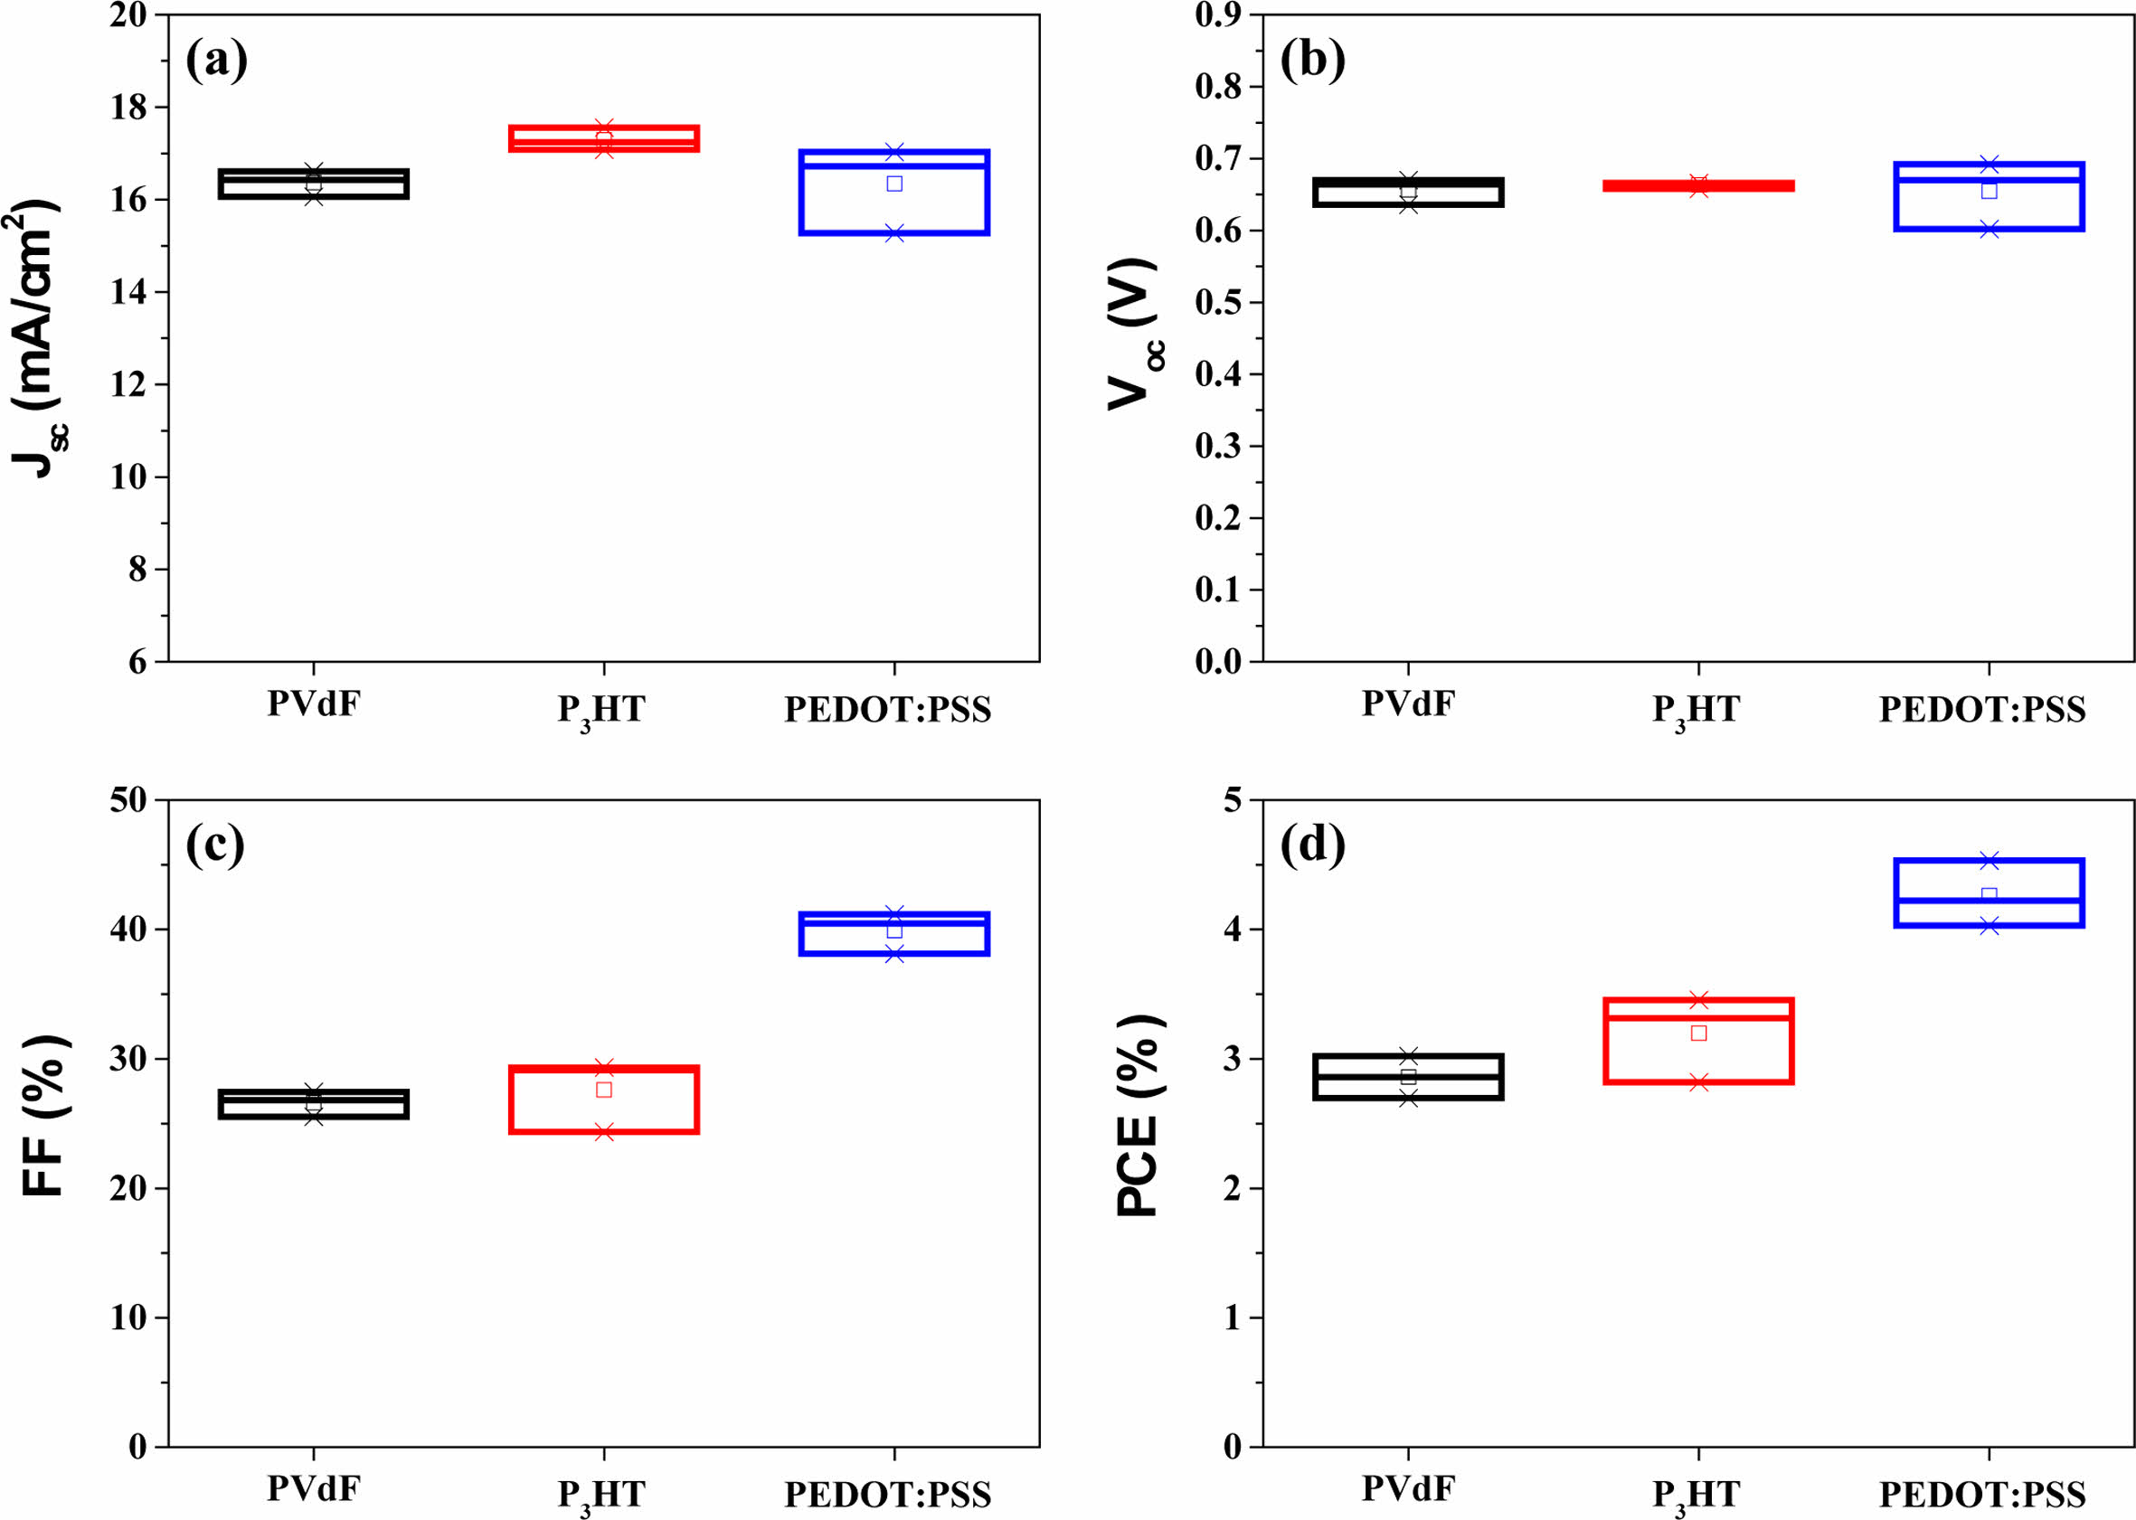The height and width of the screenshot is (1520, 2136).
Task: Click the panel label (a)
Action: coord(216,60)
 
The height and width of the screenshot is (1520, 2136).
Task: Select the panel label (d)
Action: coord(1312,845)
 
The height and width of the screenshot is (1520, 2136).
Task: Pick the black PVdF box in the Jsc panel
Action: coord(314,185)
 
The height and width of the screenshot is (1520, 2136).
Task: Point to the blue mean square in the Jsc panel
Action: coord(893,184)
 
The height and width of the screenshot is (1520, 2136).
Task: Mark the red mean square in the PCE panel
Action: coord(1698,1034)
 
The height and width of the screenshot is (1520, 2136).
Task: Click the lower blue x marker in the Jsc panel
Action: coord(893,233)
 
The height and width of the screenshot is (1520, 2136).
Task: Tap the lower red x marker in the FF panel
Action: coord(604,1132)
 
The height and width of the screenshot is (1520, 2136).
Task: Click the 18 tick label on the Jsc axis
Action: coord(128,108)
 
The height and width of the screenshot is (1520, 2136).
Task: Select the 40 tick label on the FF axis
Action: coord(128,930)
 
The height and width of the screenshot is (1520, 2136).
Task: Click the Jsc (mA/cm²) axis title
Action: coord(37,337)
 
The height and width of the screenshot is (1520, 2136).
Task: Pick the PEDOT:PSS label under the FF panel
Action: coord(887,1495)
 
